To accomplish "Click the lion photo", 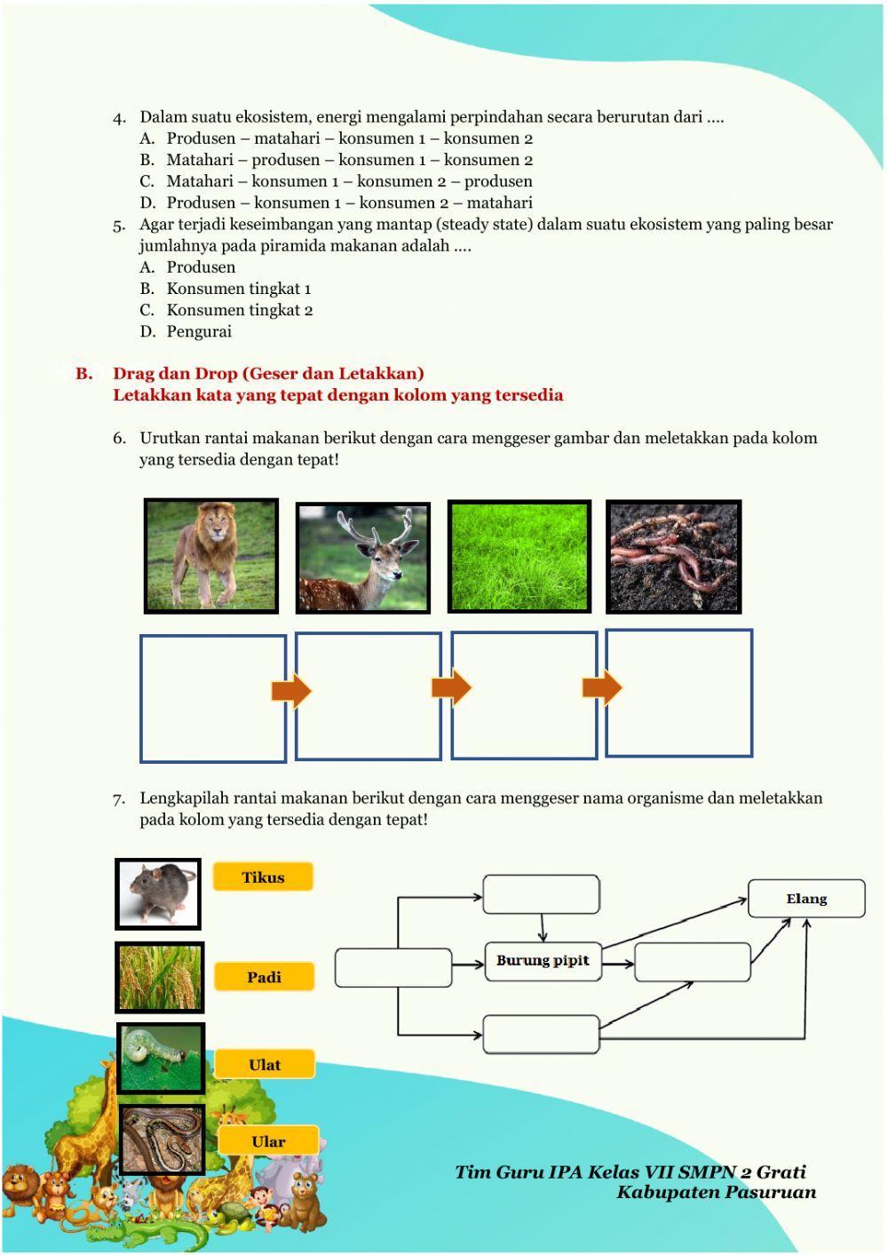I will pos(211,556).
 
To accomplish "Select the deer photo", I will pos(362,558).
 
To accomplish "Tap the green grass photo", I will pos(519,556).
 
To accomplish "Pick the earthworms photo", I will pos(673,556).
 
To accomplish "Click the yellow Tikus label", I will pos(263,878).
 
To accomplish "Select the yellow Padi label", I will pos(264,977).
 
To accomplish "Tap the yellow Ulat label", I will pos(265,1064).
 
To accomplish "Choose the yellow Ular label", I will pos(268,1141).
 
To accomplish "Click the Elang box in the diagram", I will pos(806,899).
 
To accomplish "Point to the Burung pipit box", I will pos(543,961).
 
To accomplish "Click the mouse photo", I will pos(158,894).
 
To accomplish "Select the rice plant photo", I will pos(160,977).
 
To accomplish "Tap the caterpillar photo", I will pos(161,1058).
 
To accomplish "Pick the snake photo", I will pos(162,1140).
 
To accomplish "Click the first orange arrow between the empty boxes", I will pos(291,691).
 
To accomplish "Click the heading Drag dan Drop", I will pos(267,373).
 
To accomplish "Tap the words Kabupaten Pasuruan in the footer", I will pos(716,1192).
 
